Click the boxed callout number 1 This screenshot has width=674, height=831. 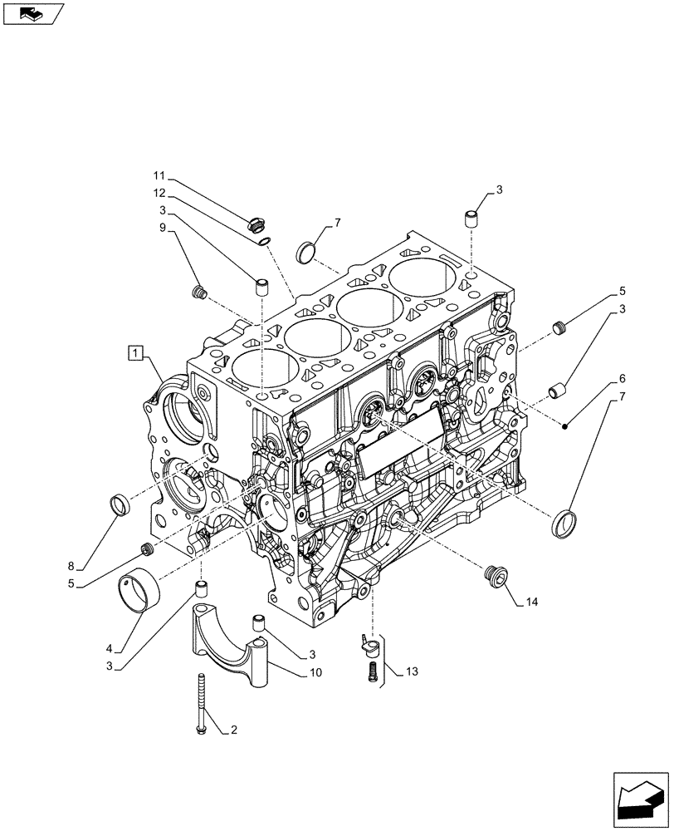tap(134, 354)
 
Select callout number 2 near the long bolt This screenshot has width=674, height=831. tap(234, 731)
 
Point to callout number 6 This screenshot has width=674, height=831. tap(622, 377)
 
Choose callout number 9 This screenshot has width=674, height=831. tap(163, 227)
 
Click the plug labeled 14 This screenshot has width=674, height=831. tap(496, 577)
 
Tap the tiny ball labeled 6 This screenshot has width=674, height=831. tap(564, 426)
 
